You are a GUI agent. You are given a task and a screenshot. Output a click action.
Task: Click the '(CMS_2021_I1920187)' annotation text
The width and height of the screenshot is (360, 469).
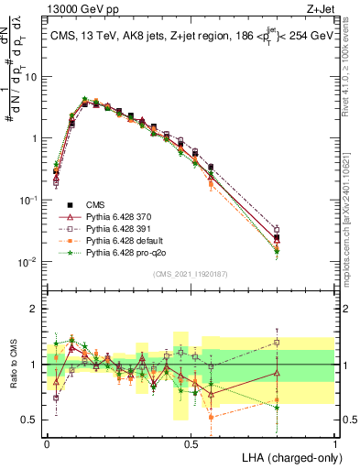click(191, 274)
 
